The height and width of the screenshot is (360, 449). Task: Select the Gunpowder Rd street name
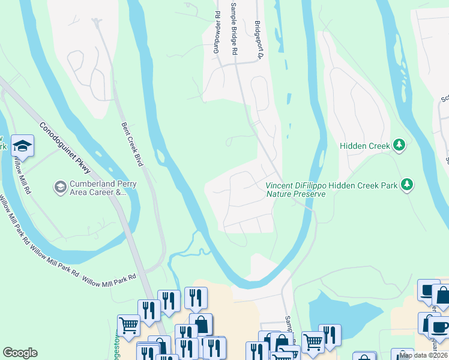(217, 32)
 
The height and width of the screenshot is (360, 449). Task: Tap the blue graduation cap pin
(22, 146)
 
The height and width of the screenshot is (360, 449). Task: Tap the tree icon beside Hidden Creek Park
(407, 185)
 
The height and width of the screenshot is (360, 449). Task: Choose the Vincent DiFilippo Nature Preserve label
(295, 190)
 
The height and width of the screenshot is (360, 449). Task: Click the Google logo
(20, 353)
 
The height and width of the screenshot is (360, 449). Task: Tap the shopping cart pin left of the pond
(313, 341)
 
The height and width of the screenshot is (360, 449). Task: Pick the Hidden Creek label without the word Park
(365, 145)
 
